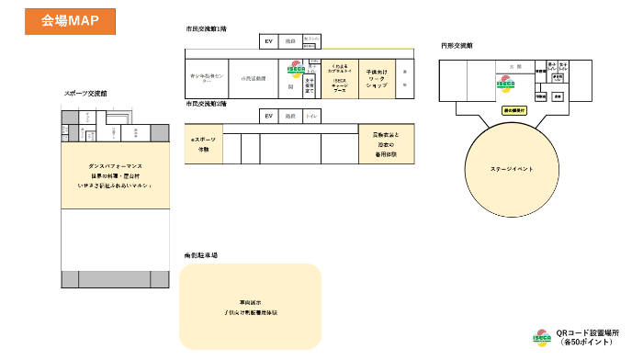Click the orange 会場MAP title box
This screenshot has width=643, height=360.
pyautogui.click(x=70, y=19)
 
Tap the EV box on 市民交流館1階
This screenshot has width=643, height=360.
pyautogui.click(x=269, y=41)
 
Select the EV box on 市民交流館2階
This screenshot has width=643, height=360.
pyautogui.click(x=269, y=116)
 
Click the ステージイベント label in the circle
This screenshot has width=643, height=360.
pyautogui.click(x=512, y=169)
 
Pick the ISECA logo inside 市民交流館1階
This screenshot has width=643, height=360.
pyautogui.click(x=296, y=69)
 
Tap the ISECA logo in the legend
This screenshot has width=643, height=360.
pyautogui.click(x=542, y=336)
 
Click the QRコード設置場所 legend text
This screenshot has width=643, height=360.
pyautogui.click(x=588, y=336)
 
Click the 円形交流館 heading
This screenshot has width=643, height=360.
pyautogui.click(x=457, y=44)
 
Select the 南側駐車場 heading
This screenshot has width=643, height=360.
pyautogui.click(x=200, y=254)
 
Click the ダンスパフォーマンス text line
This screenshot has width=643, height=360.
pyautogui.click(x=114, y=167)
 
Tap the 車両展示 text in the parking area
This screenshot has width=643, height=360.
pyautogui.click(x=250, y=302)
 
